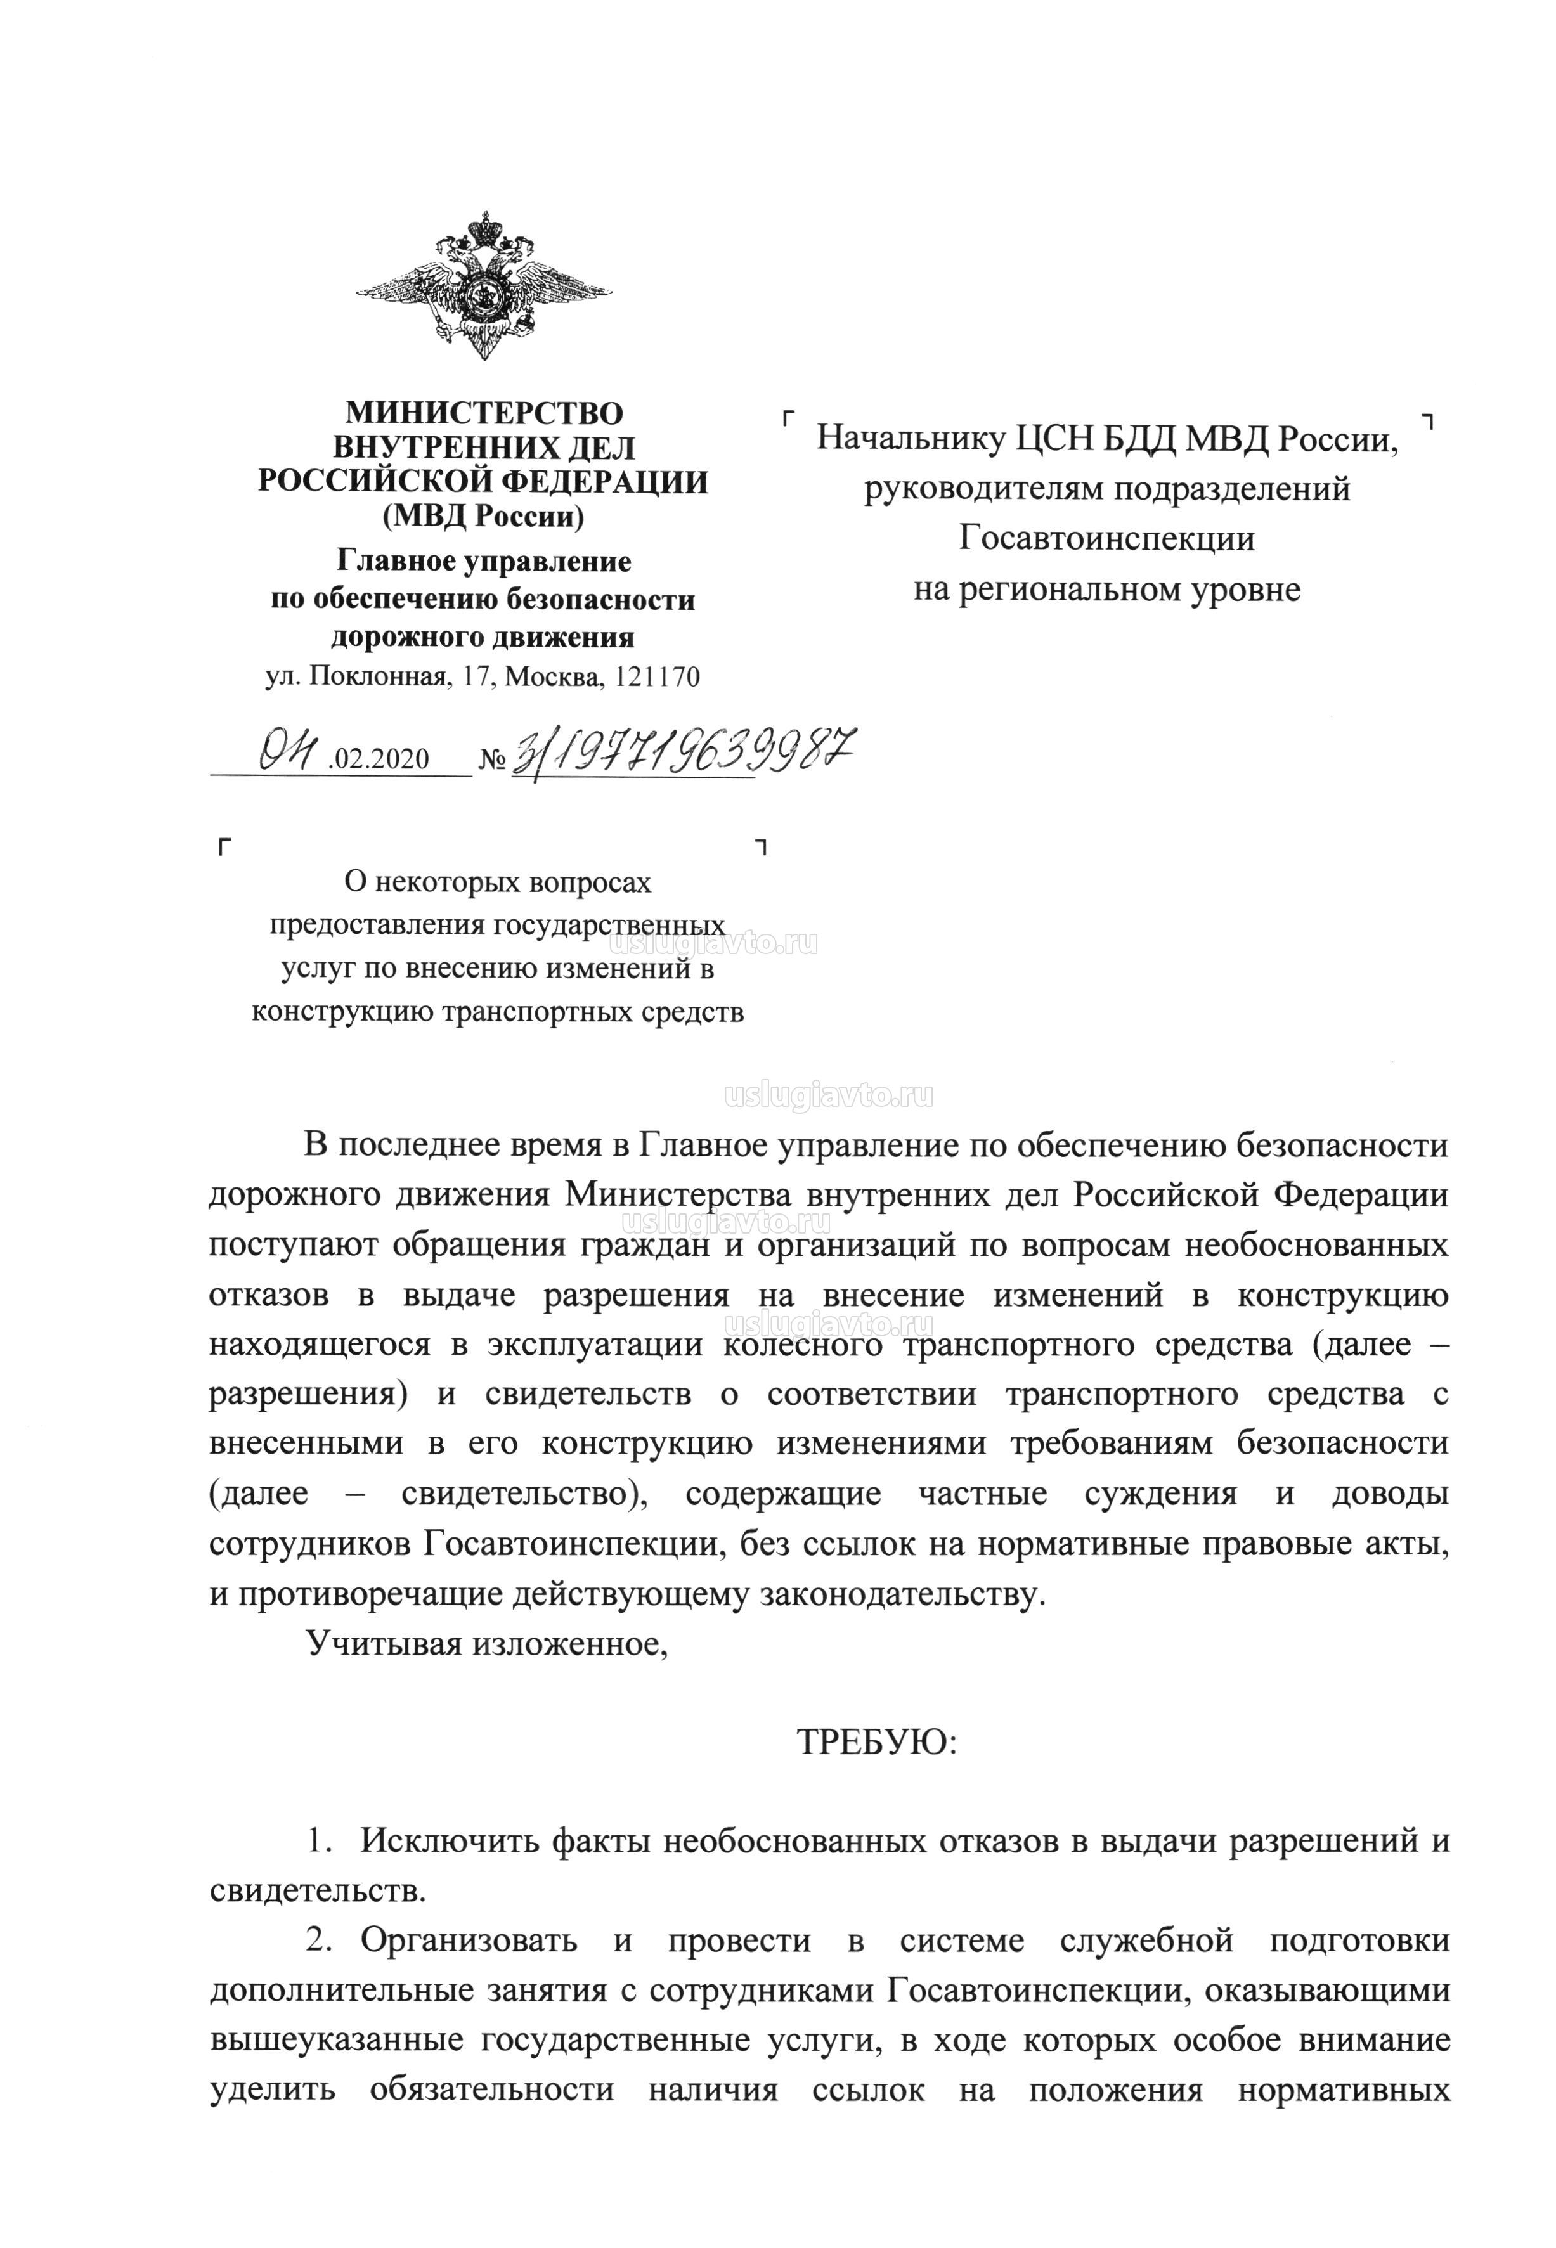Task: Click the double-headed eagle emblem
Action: pyautogui.click(x=484, y=287)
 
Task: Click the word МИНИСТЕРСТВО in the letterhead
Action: pyautogui.click(x=484, y=413)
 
